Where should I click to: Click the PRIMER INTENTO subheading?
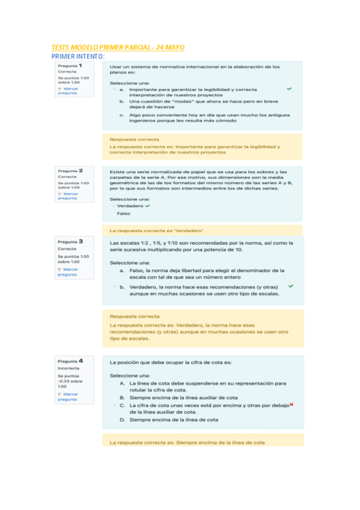(78, 56)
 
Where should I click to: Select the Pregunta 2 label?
(70, 170)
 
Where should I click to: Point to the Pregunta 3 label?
(70, 241)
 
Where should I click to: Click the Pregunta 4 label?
(70, 361)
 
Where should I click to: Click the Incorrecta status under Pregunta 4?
(68, 368)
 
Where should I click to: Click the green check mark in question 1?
(289, 88)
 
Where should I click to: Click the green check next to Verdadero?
(147, 206)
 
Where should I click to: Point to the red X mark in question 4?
(290, 405)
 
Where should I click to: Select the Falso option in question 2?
(123, 214)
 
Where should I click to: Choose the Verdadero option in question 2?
(129, 206)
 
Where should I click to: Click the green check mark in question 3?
(291, 286)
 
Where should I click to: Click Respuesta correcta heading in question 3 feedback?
(135, 316)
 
